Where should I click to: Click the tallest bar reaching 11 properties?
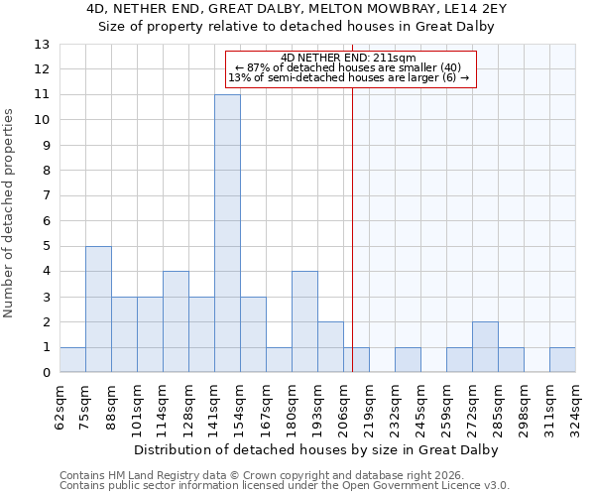pyautogui.click(x=227, y=233)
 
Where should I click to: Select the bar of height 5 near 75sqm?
pyautogui.click(x=98, y=310)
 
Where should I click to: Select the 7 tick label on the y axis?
pyautogui.click(x=45, y=195)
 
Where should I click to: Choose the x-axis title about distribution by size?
pyautogui.click(x=316, y=449)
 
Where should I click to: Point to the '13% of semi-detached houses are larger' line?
pyautogui.click(x=348, y=77)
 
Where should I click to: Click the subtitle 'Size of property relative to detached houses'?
pyautogui.click(x=297, y=26)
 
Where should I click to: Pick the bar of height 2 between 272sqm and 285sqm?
pyautogui.click(x=485, y=347)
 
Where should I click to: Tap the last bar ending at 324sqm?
pyautogui.click(x=562, y=360)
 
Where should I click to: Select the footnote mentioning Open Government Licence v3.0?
pyautogui.click(x=285, y=486)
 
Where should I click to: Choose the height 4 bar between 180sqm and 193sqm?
pyautogui.click(x=304, y=322)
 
